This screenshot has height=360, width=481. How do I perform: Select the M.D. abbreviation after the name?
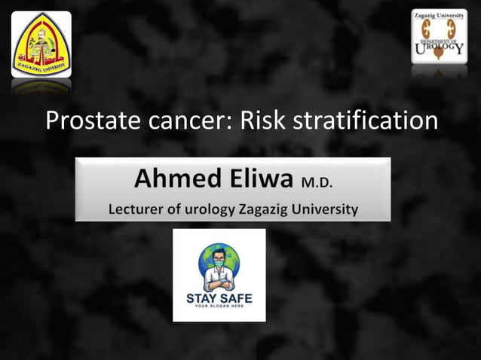pos(317,182)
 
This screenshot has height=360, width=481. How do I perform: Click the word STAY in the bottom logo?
pos(202,298)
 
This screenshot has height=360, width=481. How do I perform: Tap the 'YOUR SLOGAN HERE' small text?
pos(219,307)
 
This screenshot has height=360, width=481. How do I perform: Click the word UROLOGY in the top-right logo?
pos(440,49)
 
